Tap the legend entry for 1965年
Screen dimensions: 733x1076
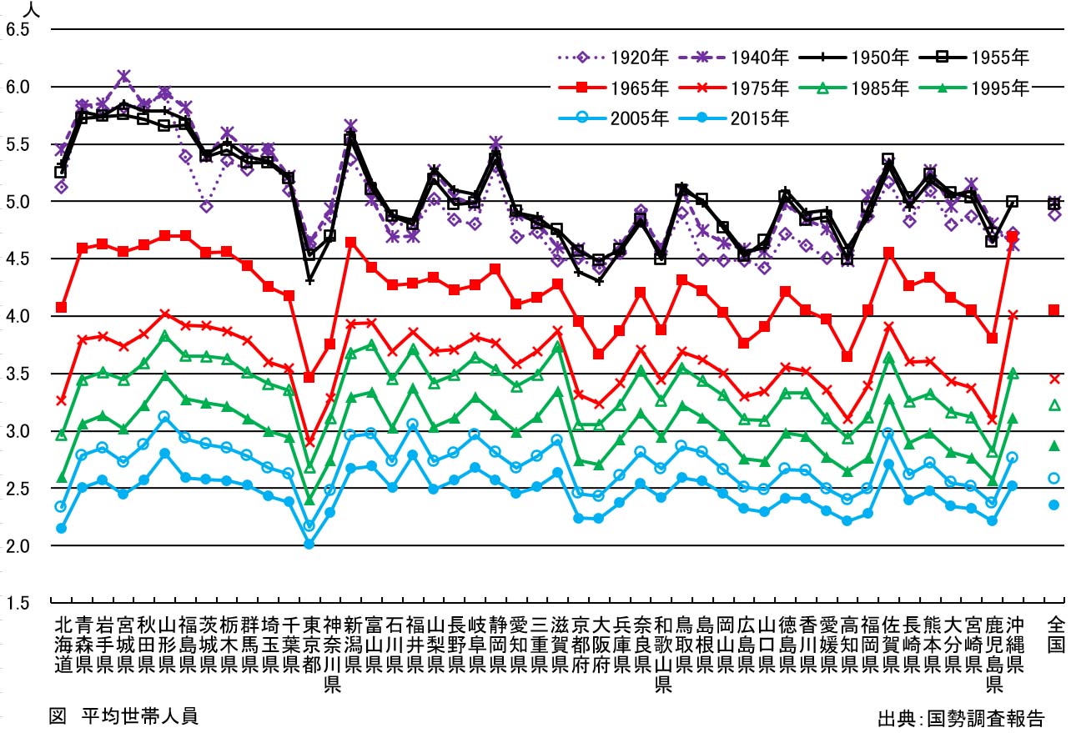point(613,87)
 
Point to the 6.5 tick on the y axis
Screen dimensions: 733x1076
point(18,30)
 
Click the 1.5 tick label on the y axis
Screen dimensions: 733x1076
point(18,603)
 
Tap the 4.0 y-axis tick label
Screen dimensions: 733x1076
point(18,316)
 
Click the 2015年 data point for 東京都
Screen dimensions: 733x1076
point(309,544)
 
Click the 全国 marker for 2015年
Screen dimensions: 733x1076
point(1054,505)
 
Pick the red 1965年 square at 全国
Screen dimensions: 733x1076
point(1054,310)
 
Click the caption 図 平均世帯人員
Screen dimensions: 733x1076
point(123,715)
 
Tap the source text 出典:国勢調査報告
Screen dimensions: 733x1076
point(960,718)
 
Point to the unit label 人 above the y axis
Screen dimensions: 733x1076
point(32,9)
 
